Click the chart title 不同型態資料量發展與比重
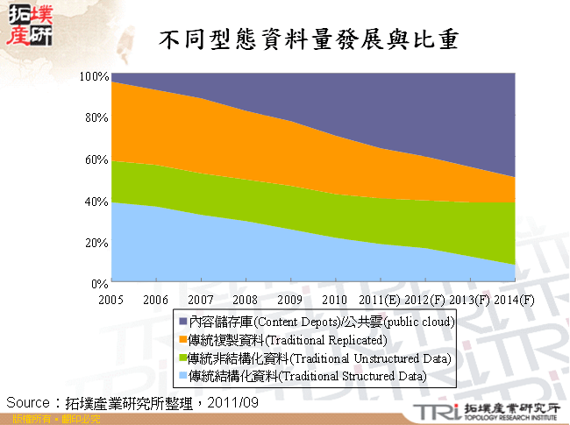[x=311, y=39]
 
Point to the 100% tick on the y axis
[x=95, y=76]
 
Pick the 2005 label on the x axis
[x=111, y=300]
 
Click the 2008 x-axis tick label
[x=245, y=300]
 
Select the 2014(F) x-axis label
[x=515, y=300]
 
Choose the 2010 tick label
[x=335, y=300]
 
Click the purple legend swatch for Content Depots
[x=181, y=321]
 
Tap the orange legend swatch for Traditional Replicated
[x=181, y=339]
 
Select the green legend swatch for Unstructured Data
[x=181, y=358]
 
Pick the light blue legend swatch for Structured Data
[x=181, y=376]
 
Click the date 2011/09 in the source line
[x=235, y=401]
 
